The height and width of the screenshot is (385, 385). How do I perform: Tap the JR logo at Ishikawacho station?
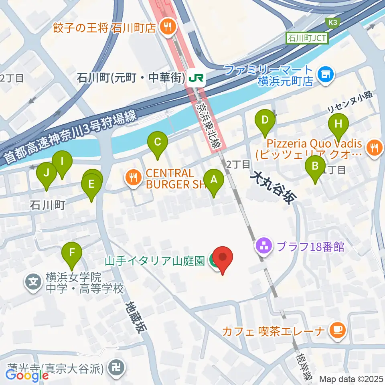point(196,77)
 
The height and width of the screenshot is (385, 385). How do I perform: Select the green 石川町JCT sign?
point(307,39)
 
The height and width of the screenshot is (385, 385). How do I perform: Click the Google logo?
point(27,376)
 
